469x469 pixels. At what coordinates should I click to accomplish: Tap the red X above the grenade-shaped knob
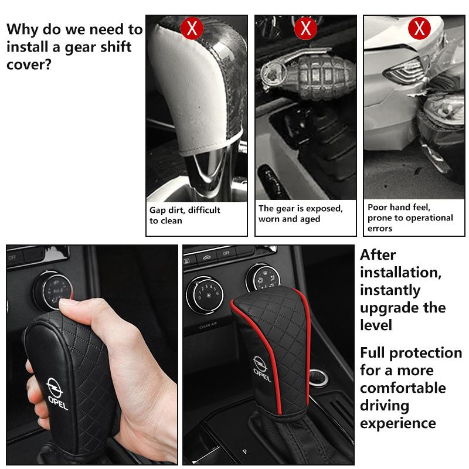tap(305, 28)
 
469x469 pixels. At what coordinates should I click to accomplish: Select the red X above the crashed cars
tap(419, 28)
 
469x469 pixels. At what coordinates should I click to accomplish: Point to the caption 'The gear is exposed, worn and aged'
tap(300, 213)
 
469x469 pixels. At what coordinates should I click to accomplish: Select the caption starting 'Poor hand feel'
tap(410, 217)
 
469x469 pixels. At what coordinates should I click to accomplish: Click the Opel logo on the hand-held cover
tap(56, 392)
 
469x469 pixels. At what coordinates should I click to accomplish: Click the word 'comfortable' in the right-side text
tap(403, 388)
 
